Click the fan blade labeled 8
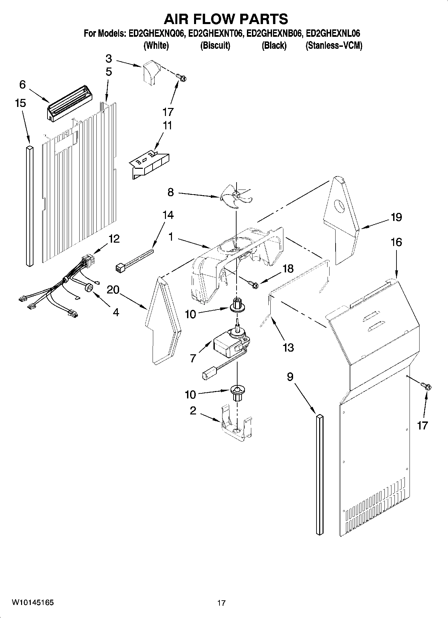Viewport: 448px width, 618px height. tap(236, 197)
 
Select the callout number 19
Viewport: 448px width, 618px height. tap(396, 217)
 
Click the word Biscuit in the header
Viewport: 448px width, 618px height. tap(215, 45)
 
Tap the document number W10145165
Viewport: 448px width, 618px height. tap(32, 603)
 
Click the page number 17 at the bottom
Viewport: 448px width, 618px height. tap(221, 603)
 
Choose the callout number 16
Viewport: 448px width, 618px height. tap(396, 242)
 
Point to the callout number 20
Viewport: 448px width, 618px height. tap(113, 290)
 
